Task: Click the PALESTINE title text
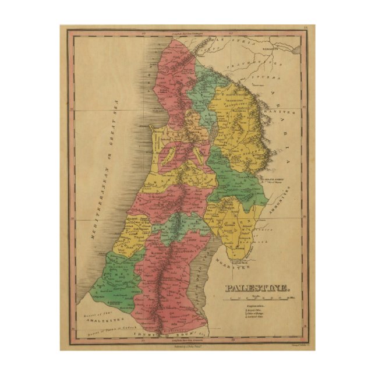256,288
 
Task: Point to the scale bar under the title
263,299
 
